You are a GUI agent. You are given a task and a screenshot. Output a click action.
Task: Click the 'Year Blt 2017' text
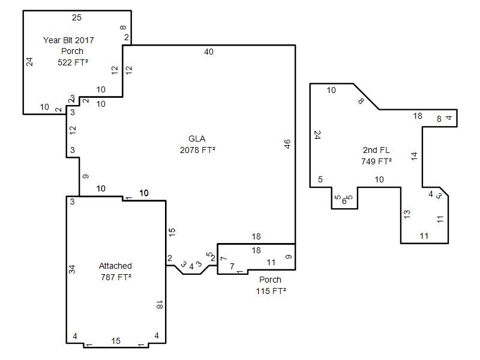click(x=68, y=40)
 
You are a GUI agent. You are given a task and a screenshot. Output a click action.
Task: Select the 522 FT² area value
click(x=73, y=62)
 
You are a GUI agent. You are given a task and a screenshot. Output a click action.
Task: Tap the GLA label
click(x=197, y=139)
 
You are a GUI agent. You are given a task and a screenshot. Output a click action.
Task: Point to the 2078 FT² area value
click(x=197, y=150)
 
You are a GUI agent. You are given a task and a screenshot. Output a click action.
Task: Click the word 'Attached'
click(x=115, y=266)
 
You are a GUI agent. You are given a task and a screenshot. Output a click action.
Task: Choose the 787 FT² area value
click(x=116, y=277)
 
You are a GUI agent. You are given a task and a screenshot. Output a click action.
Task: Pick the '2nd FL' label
click(x=376, y=150)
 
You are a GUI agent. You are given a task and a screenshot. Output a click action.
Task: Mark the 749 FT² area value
click(x=376, y=161)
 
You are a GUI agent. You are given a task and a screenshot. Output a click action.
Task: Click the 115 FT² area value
click(x=271, y=291)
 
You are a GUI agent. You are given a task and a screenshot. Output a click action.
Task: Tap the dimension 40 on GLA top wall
click(x=209, y=52)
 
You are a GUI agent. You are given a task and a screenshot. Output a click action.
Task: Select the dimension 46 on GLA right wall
click(x=287, y=144)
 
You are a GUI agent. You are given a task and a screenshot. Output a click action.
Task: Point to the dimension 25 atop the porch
click(x=77, y=17)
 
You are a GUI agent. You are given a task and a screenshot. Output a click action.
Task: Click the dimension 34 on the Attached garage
click(x=71, y=269)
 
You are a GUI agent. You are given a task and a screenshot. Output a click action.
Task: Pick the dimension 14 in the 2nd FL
click(x=414, y=156)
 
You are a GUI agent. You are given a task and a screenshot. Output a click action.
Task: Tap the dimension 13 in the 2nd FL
click(x=407, y=214)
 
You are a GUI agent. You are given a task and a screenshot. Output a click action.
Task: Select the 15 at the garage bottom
click(x=116, y=341)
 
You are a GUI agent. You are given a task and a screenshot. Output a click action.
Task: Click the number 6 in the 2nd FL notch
click(x=344, y=201)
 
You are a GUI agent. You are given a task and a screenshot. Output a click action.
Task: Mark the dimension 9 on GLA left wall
click(x=86, y=176)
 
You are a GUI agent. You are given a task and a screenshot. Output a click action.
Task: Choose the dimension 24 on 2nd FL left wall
click(x=317, y=135)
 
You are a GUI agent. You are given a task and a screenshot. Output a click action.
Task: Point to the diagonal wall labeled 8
click(x=366, y=97)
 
